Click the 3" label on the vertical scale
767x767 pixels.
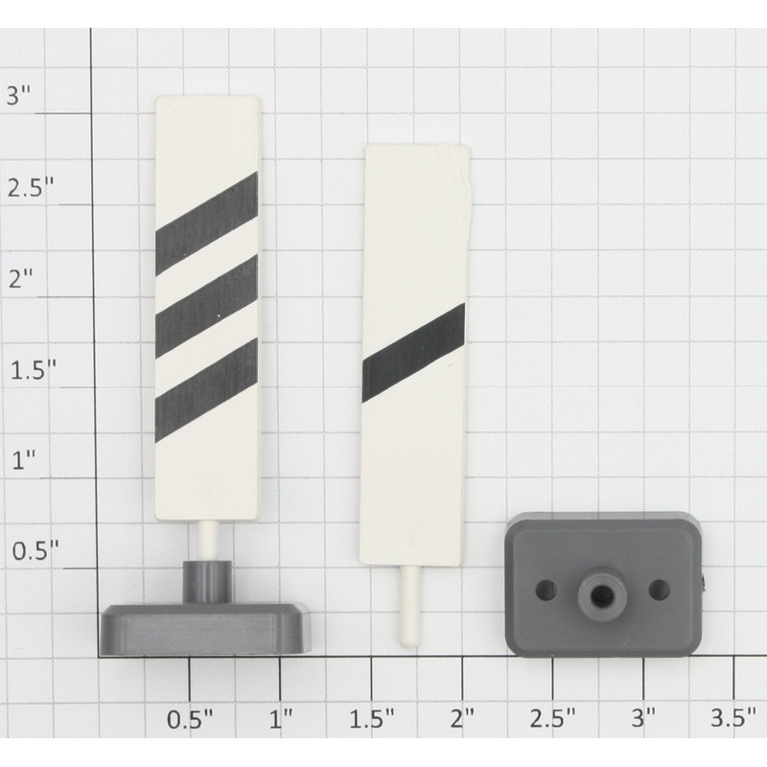(20, 95)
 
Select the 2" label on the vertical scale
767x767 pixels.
(20, 279)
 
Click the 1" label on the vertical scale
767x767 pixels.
(20, 461)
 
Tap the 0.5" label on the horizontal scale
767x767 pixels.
(191, 717)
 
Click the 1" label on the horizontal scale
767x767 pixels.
(281, 717)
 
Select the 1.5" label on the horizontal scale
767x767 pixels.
(372, 717)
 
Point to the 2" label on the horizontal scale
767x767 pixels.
(463, 717)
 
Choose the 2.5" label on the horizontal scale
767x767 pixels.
(553, 717)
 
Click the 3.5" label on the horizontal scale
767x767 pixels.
(734, 717)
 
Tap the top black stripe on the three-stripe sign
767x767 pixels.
(206, 222)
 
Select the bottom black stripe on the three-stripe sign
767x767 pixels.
(206, 390)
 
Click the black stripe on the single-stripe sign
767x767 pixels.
(413, 354)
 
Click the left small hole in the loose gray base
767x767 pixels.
(548, 588)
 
